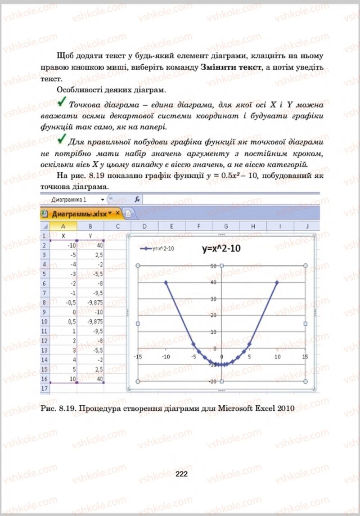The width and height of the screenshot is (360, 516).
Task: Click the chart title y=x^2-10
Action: [221, 248]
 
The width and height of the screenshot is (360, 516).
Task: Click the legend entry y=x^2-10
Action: [157, 248]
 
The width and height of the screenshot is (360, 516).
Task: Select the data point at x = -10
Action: [166, 283]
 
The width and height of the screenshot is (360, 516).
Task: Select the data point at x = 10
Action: [277, 283]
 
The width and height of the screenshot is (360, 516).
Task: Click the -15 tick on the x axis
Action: [138, 357]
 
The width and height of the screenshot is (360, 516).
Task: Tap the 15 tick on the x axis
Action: [305, 357]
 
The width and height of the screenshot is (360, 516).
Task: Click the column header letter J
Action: [307, 226]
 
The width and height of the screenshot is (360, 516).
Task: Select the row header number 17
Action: [44, 387]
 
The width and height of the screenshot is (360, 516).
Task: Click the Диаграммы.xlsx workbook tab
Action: [79, 213]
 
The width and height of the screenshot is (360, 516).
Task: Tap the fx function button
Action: [138, 199]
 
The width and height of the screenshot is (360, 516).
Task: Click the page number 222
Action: [181, 474]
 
